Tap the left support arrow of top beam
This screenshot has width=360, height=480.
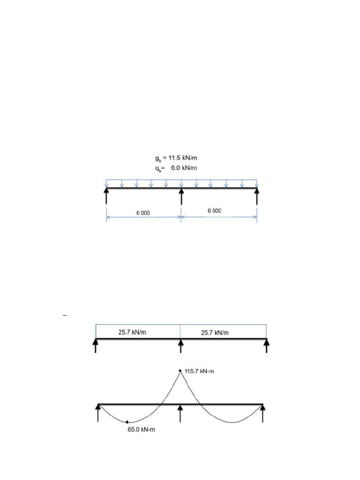click(x=106, y=196)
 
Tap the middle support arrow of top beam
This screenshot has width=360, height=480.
click(x=181, y=196)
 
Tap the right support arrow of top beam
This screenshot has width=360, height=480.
click(x=257, y=196)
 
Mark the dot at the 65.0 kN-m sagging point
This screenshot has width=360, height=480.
click(x=127, y=422)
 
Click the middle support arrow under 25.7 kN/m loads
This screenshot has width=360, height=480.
click(x=181, y=346)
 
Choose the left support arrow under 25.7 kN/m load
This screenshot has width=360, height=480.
click(x=96, y=346)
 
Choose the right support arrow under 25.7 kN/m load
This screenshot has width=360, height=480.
click(x=267, y=346)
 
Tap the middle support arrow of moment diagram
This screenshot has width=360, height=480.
click(x=180, y=413)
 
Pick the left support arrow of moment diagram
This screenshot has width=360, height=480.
click(x=98, y=413)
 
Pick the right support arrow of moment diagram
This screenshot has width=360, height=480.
click(x=263, y=413)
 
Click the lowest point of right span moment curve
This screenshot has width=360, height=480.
click(x=232, y=423)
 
